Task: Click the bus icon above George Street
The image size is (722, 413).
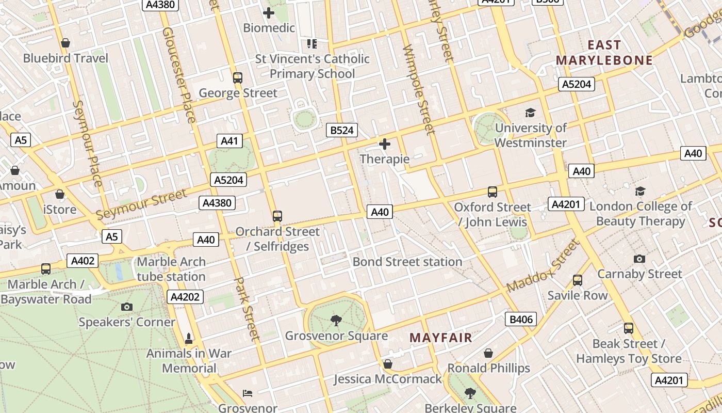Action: pyautogui.click(x=238, y=78)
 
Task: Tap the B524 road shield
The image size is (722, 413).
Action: pyautogui.click(x=342, y=130)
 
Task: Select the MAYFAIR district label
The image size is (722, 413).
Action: pyautogui.click(x=441, y=338)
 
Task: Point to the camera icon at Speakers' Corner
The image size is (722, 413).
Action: pyautogui.click(x=127, y=307)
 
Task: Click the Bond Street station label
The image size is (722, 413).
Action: pyautogui.click(x=407, y=262)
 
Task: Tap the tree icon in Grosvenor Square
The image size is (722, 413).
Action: pyautogui.click(x=336, y=321)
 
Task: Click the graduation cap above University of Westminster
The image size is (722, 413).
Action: pyautogui.click(x=530, y=113)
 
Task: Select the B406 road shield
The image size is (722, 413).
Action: pyautogui.click(x=521, y=319)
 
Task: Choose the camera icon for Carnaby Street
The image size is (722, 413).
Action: pyautogui.click(x=639, y=259)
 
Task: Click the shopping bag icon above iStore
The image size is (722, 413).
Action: pyautogui.click(x=60, y=194)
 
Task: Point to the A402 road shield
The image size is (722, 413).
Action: pyautogui.click(x=83, y=261)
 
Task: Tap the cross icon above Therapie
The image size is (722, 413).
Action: pyautogui.click(x=385, y=144)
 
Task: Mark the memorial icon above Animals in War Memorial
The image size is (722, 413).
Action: pyautogui.click(x=189, y=339)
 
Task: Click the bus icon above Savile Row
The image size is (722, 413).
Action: pyautogui.click(x=578, y=280)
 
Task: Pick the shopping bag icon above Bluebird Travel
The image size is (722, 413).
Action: pyautogui.click(x=65, y=43)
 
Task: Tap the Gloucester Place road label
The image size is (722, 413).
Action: pyautogui.click(x=179, y=75)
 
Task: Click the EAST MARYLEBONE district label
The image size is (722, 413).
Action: pyautogui.click(x=604, y=53)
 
